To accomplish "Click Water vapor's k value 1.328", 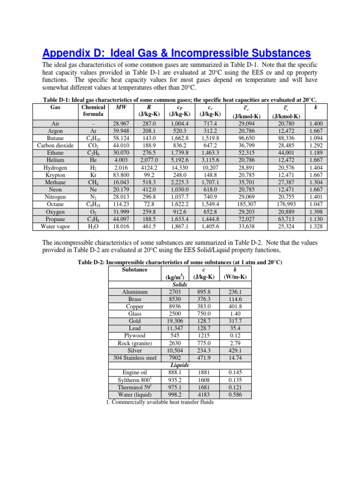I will click(x=313, y=227).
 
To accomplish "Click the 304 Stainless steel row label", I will click(x=135, y=358).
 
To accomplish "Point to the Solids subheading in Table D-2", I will click(x=180, y=285).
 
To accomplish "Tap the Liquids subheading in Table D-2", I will click(x=180, y=366).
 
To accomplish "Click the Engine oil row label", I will click(x=135, y=373).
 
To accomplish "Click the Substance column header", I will click(x=135, y=270).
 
